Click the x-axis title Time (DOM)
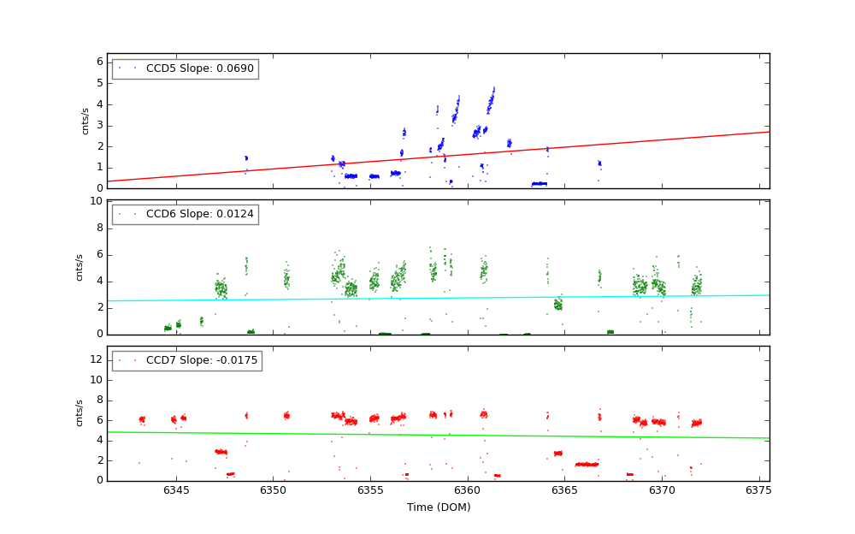[438, 507]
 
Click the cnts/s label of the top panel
[85, 121]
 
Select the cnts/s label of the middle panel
[80, 267]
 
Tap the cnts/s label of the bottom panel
[80, 412]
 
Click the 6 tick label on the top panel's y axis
[99, 62]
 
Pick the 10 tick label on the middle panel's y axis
[97, 202]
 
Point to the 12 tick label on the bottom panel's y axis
[97, 359]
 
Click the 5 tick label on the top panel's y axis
[99, 83]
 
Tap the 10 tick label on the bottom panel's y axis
[97, 380]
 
